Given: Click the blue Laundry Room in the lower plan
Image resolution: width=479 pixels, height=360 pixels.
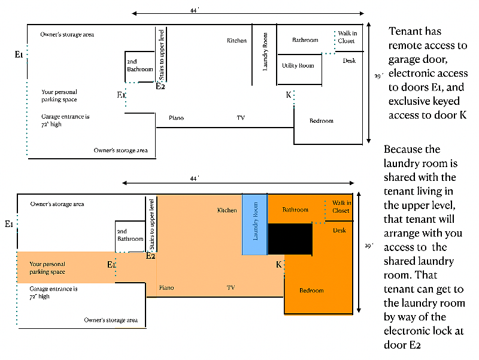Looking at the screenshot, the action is [x=255, y=224].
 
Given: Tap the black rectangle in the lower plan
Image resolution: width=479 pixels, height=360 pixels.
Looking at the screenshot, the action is [x=290, y=239].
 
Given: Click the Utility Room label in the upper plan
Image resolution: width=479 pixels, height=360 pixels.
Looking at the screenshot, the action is [x=298, y=65].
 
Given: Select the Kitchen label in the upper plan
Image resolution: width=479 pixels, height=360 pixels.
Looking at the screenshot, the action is [x=237, y=40].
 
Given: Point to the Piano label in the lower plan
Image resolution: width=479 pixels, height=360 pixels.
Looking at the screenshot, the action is [x=166, y=288].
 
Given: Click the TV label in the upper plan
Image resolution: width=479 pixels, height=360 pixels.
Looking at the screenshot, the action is [x=241, y=117].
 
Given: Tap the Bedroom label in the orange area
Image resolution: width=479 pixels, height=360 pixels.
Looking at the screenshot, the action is [x=311, y=291].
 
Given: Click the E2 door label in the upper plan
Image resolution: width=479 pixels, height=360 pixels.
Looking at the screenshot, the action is [x=160, y=86].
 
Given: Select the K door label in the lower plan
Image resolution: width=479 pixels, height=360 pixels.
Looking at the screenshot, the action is [x=278, y=264].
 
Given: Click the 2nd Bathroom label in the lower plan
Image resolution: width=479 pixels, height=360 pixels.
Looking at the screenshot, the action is [x=131, y=235].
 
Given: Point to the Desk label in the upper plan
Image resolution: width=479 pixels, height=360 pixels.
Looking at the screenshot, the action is [x=349, y=60].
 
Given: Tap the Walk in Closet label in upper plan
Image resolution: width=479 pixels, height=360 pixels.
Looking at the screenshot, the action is [x=347, y=37].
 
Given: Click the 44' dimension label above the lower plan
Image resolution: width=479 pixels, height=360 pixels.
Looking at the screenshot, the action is [x=195, y=178].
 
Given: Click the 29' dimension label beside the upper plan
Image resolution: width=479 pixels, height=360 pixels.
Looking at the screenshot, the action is [x=379, y=76].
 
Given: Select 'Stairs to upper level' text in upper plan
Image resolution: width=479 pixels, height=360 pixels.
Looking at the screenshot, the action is [x=162, y=55].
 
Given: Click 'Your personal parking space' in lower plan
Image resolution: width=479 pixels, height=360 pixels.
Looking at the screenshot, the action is [x=47, y=268].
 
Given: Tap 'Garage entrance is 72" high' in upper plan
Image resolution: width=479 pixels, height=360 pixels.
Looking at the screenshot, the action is [x=65, y=120].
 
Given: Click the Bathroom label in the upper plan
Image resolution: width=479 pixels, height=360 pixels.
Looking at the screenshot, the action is [x=305, y=40].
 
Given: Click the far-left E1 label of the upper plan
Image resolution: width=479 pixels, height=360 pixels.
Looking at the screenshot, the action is [x=19, y=55].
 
